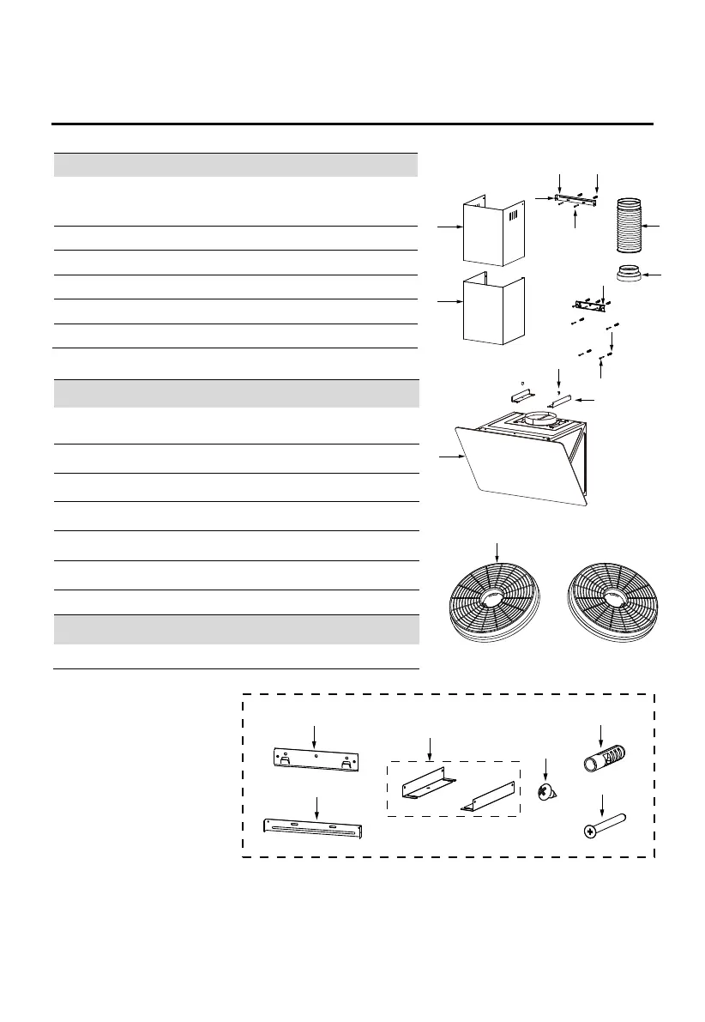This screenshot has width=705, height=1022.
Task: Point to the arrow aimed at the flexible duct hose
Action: pos(654,227)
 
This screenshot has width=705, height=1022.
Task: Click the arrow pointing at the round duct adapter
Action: pos(654,275)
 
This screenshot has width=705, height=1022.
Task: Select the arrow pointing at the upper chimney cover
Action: pos(447,227)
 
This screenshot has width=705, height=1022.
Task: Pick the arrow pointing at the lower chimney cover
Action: pos(447,302)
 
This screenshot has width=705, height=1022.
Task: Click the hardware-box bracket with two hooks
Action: pos(316,759)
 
